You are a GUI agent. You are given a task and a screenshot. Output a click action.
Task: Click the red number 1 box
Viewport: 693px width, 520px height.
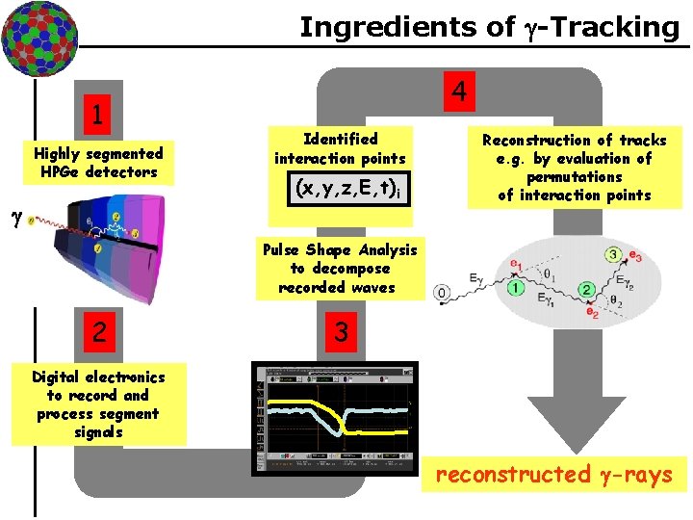(x=96, y=114)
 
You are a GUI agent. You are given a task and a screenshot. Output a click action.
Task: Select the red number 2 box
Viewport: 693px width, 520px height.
(x=97, y=332)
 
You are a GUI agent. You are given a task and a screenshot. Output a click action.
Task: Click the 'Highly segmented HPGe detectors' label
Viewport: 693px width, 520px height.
(x=98, y=162)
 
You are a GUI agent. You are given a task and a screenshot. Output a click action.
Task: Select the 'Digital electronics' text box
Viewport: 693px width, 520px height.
(x=98, y=404)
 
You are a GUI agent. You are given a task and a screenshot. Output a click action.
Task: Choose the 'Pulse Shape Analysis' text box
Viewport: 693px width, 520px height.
(x=340, y=269)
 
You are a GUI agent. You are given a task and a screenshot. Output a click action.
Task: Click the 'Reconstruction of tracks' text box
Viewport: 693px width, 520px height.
(x=574, y=168)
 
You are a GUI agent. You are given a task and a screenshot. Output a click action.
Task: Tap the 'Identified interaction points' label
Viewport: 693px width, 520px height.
(x=340, y=148)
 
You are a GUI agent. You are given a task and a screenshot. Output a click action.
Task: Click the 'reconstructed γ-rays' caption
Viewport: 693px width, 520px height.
(x=553, y=474)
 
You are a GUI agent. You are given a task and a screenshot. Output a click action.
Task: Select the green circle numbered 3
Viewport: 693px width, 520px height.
(x=613, y=253)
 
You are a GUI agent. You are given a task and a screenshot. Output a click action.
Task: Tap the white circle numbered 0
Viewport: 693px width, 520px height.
(x=442, y=292)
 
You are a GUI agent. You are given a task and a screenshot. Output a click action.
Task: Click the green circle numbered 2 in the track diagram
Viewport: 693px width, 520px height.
(x=584, y=289)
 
